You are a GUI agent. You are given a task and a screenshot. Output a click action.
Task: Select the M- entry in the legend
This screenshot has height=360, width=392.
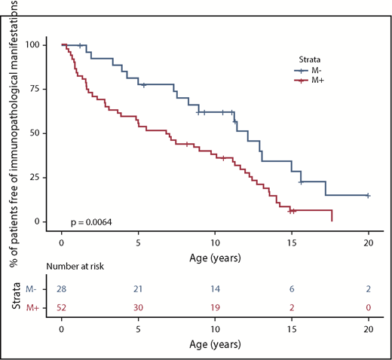pyautogui.click(x=314, y=70)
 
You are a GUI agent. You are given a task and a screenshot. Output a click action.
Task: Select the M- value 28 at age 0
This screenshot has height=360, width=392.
pyautogui.click(x=62, y=289)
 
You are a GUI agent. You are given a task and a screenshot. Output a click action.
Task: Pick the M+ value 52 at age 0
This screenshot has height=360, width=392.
pyautogui.click(x=62, y=307)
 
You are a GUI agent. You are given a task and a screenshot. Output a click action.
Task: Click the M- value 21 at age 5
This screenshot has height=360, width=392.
pyautogui.click(x=139, y=289)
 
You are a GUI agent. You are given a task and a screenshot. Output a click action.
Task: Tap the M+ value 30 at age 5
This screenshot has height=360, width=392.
pyautogui.click(x=139, y=307)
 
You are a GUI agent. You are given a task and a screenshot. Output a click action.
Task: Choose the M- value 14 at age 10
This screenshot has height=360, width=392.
pyautogui.click(x=215, y=289)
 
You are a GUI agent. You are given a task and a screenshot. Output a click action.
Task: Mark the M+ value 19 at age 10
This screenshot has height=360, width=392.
pyautogui.click(x=215, y=307)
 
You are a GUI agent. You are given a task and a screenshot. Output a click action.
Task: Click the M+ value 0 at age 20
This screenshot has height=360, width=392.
pyautogui.click(x=368, y=307)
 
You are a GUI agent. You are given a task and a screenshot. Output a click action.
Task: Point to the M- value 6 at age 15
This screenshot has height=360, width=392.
pyautogui.click(x=291, y=289)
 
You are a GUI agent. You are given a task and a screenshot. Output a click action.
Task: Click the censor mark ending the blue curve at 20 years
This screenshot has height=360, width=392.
pyautogui.click(x=368, y=195)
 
